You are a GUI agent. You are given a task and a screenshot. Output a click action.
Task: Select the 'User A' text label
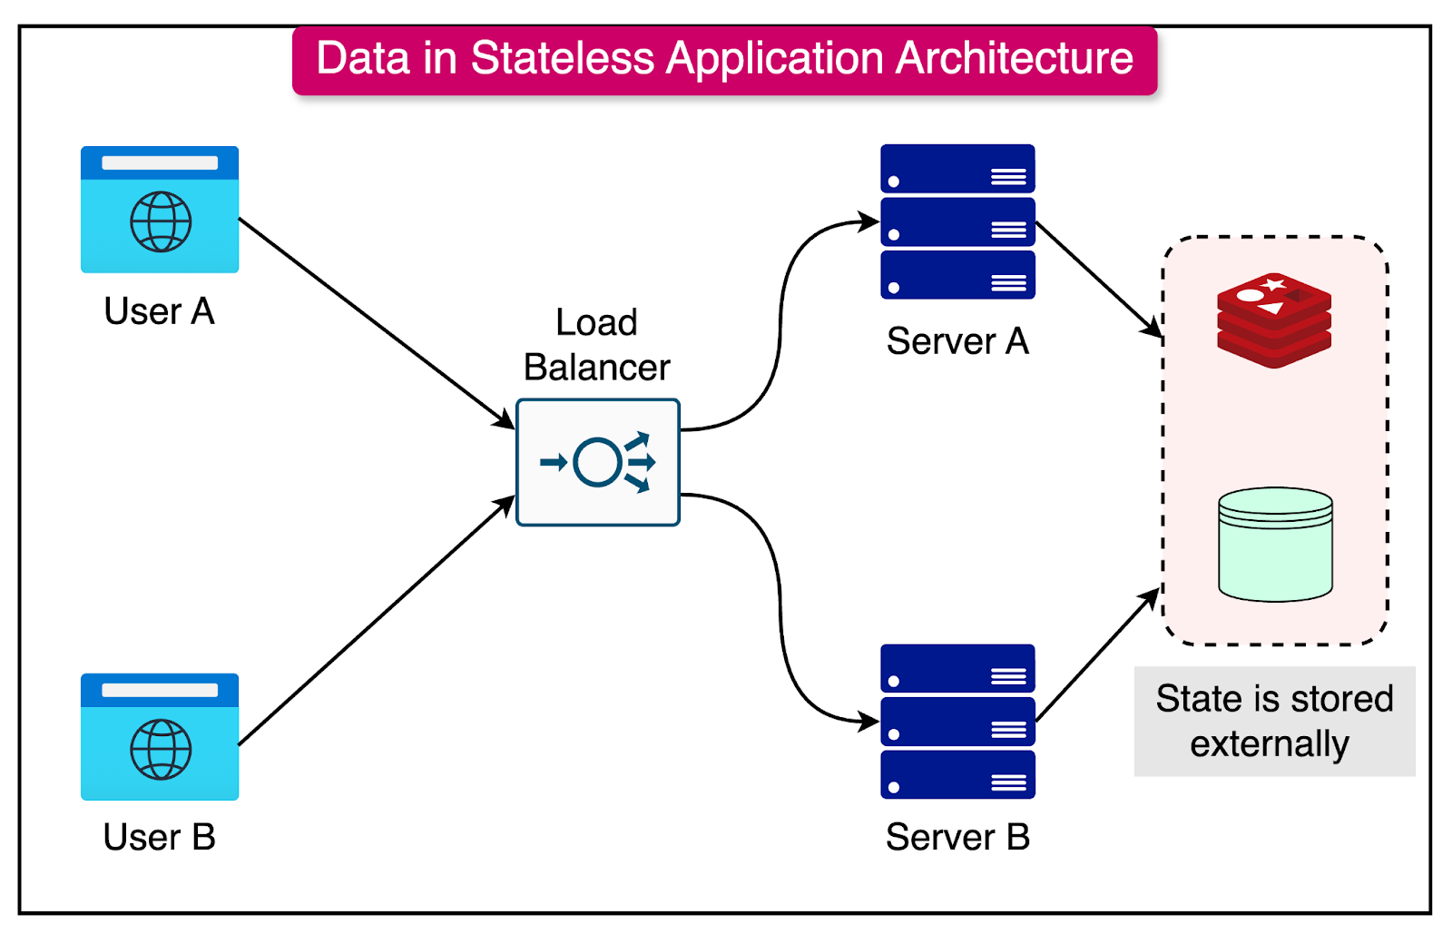point(160,311)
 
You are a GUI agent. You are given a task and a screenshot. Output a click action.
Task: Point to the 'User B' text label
point(160,837)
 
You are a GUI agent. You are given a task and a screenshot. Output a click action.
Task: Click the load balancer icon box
point(598,462)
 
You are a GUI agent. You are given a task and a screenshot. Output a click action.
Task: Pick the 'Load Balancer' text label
point(597,345)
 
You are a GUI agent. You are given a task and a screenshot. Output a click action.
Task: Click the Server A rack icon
point(957,221)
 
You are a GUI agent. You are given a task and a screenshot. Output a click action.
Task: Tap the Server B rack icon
point(957,722)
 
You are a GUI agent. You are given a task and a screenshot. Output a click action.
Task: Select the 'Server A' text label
point(957,341)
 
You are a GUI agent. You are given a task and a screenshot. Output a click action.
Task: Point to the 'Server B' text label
point(957,837)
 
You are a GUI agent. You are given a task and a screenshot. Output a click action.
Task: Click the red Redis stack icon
point(1274,320)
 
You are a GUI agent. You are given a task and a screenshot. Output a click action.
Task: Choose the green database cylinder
point(1275,545)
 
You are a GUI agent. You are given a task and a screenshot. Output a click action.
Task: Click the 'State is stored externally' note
point(1274,721)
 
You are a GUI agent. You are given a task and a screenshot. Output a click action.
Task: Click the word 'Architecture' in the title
point(1015,59)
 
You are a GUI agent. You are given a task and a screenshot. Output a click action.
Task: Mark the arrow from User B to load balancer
point(377,621)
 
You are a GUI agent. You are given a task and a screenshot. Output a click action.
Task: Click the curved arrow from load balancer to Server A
point(780,318)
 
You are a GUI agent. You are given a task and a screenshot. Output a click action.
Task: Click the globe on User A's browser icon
point(161,221)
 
